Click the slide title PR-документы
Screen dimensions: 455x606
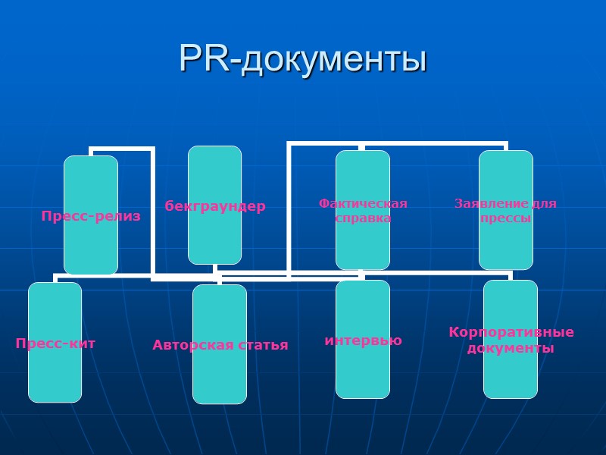(x=303, y=59)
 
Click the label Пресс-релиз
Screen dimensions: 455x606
(x=91, y=216)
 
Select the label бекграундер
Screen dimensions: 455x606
(x=215, y=206)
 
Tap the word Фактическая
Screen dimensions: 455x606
(x=363, y=203)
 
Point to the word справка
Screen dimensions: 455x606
(x=363, y=218)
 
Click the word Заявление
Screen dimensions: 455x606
(x=481, y=203)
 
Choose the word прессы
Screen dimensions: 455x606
(x=505, y=218)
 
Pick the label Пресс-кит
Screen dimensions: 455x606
(x=55, y=344)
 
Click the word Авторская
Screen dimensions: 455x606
(x=189, y=345)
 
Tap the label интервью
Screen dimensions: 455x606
(x=363, y=340)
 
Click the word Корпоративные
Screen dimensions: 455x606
(x=511, y=332)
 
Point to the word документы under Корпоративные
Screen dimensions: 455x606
(x=511, y=348)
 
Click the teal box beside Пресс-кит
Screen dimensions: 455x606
(x=55, y=379)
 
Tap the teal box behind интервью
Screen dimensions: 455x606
(x=363, y=375)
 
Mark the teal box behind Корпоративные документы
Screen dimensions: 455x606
(x=511, y=379)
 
